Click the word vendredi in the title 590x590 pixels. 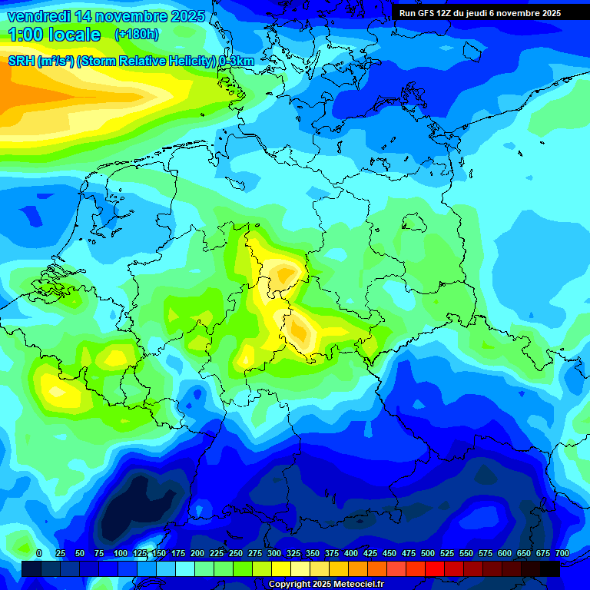pyautogui.click(x=38, y=16)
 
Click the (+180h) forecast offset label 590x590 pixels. pyautogui.click(x=137, y=35)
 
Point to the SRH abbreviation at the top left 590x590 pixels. pyautogui.click(x=22, y=61)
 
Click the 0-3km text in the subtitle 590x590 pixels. pyautogui.click(x=236, y=61)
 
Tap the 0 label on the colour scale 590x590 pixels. pyautogui.click(x=39, y=553)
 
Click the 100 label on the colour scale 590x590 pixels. pyautogui.click(x=121, y=553)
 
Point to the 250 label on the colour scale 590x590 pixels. pyautogui.click(x=236, y=553)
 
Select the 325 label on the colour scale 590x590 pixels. pyautogui.click(x=293, y=553)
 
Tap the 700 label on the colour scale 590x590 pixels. pyautogui.click(x=562, y=553)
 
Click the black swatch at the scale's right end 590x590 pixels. pyautogui.click(x=550, y=569)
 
